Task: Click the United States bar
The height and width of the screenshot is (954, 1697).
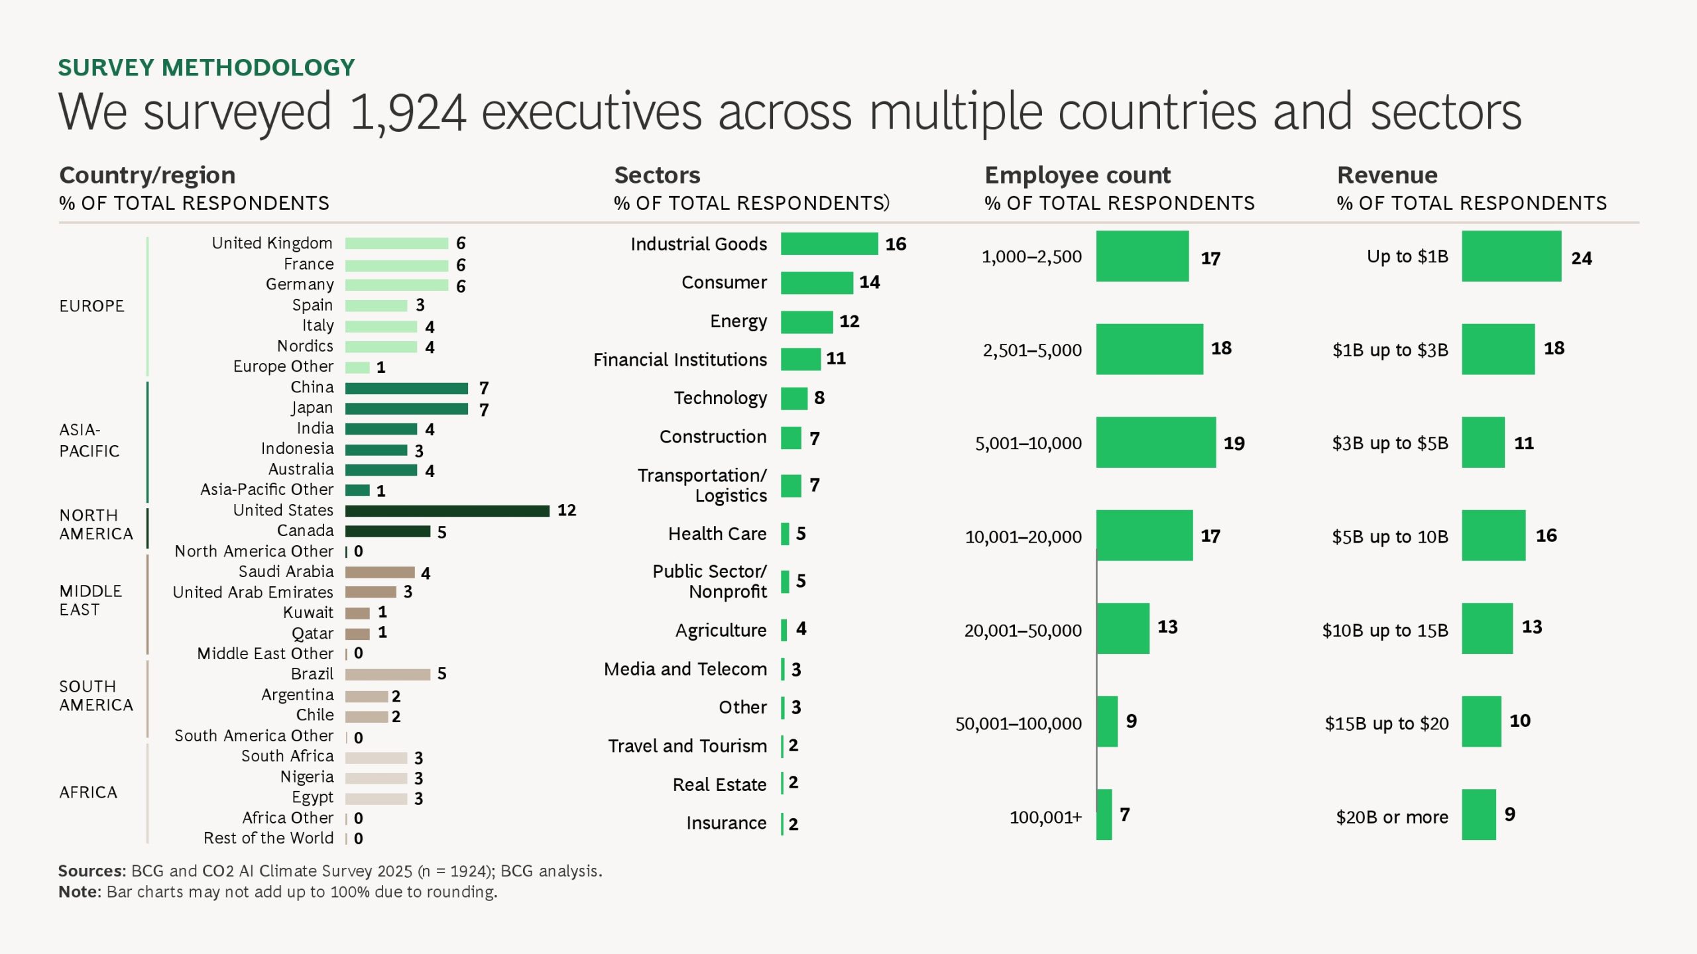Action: tap(447, 511)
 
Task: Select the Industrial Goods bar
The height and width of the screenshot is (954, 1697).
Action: tap(829, 244)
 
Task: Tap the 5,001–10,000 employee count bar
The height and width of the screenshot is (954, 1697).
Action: tap(1155, 443)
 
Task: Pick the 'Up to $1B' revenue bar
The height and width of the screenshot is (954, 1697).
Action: tap(1511, 256)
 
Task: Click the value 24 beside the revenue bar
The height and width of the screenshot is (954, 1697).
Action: tap(1581, 258)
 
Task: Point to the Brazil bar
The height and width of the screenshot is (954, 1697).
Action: tap(387, 674)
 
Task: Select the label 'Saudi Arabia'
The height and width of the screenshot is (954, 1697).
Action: tap(286, 572)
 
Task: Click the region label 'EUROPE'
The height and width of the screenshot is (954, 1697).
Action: tap(91, 306)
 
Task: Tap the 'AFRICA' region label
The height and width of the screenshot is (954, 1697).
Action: tap(88, 792)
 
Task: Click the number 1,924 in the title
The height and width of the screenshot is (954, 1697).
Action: tap(407, 113)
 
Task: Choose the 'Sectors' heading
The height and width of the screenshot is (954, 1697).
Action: tap(657, 175)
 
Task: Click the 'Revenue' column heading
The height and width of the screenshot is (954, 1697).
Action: tap(1387, 175)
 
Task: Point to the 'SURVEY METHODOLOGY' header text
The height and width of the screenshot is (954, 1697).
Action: tap(206, 68)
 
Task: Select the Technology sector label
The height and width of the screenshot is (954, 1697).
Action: tap(720, 398)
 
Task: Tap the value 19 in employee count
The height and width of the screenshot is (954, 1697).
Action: tap(1234, 443)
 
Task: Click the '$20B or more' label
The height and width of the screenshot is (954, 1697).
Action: tap(1391, 818)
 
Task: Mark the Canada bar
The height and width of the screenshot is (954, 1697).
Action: tap(387, 531)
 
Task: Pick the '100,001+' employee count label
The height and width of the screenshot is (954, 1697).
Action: tap(1045, 818)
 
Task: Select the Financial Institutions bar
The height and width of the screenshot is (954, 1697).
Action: tap(800, 359)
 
